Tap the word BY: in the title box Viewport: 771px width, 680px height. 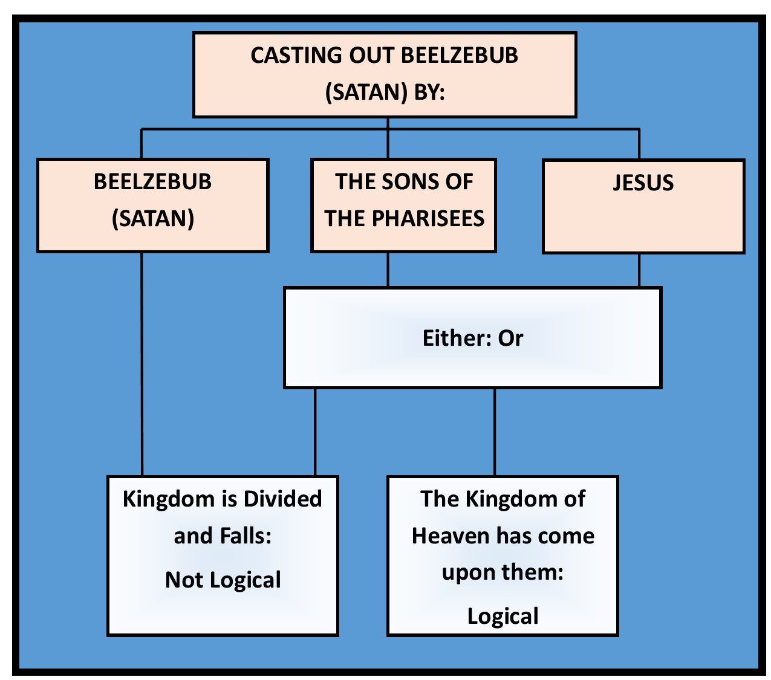click(x=429, y=92)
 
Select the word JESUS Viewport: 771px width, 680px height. click(x=643, y=183)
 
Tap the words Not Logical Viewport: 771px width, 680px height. click(x=223, y=580)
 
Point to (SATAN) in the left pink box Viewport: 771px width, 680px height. click(x=153, y=218)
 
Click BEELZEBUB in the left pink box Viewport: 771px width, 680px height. click(x=153, y=181)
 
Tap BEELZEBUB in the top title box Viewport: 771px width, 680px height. click(x=460, y=55)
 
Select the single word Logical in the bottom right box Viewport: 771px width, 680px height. click(x=503, y=616)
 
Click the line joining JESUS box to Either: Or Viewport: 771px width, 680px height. click(x=639, y=270)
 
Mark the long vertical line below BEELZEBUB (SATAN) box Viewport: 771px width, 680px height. click(x=142, y=363)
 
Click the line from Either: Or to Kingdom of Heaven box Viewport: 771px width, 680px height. click(x=495, y=432)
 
